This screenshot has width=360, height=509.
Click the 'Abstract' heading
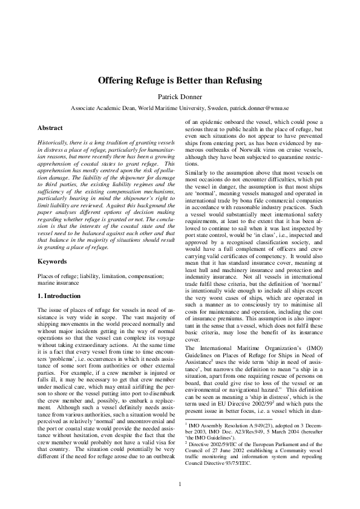(x=50, y=128)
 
